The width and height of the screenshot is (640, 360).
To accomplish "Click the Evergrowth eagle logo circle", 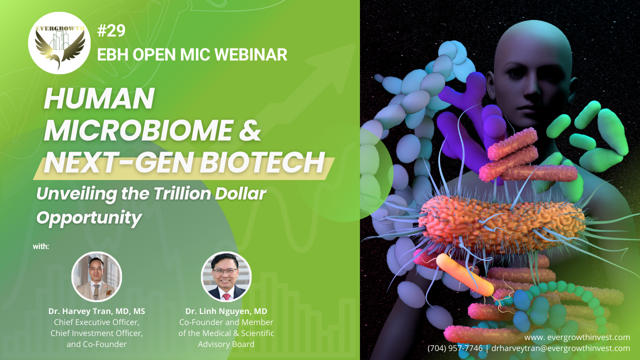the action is (x=59, y=43).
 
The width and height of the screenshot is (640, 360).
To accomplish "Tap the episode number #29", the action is (x=111, y=30).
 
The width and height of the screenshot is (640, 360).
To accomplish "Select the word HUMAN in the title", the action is (x=99, y=98).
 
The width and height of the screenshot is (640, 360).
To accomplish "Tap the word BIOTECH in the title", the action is (x=262, y=162).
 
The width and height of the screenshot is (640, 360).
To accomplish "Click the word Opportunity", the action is (x=89, y=218).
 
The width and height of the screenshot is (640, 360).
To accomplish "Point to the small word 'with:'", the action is (x=41, y=246).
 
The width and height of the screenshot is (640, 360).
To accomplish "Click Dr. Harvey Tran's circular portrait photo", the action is (x=96, y=276).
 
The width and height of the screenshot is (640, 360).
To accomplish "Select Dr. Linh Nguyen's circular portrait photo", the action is (x=226, y=276).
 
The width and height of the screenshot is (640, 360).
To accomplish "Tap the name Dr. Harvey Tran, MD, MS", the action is (x=96, y=311).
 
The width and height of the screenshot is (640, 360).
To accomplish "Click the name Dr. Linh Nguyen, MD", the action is (x=226, y=311).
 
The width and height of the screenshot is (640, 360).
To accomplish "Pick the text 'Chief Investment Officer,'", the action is (x=96, y=333).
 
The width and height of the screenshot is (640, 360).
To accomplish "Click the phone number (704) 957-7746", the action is (x=455, y=348).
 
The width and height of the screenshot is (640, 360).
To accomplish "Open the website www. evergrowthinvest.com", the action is (x=577, y=337).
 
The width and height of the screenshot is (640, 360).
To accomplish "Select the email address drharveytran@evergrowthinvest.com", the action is (x=560, y=348).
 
